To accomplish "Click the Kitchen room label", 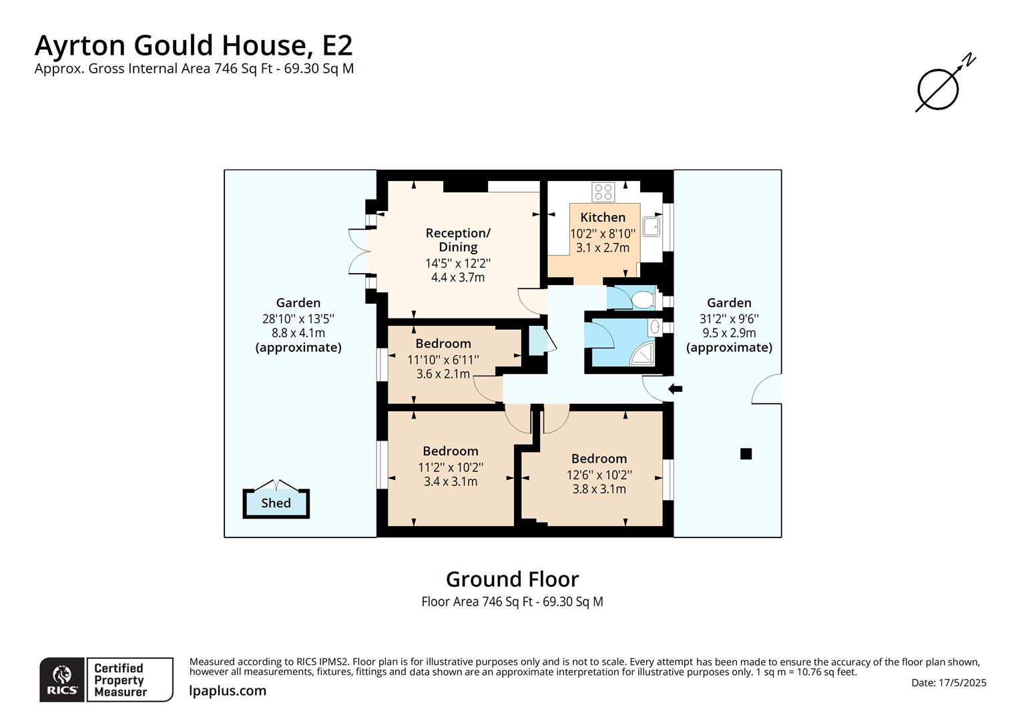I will coord(603,217).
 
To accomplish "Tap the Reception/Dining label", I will coord(458,240).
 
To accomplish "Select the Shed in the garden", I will coord(276,503).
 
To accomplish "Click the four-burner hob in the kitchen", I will coord(603,192).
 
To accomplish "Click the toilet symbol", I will coord(643,299).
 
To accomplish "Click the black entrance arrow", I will coord(676,389).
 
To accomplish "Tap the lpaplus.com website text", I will coord(228,691).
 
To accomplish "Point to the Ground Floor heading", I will coord(512,579).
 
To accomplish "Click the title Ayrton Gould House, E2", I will coord(194,45).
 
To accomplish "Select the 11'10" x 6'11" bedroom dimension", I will coord(443,360).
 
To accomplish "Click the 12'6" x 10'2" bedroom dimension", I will coord(599,475).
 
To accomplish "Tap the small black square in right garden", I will coord(746,454).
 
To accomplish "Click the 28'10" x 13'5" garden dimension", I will coord(298,318).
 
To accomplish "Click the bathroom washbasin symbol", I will coord(656,327).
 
